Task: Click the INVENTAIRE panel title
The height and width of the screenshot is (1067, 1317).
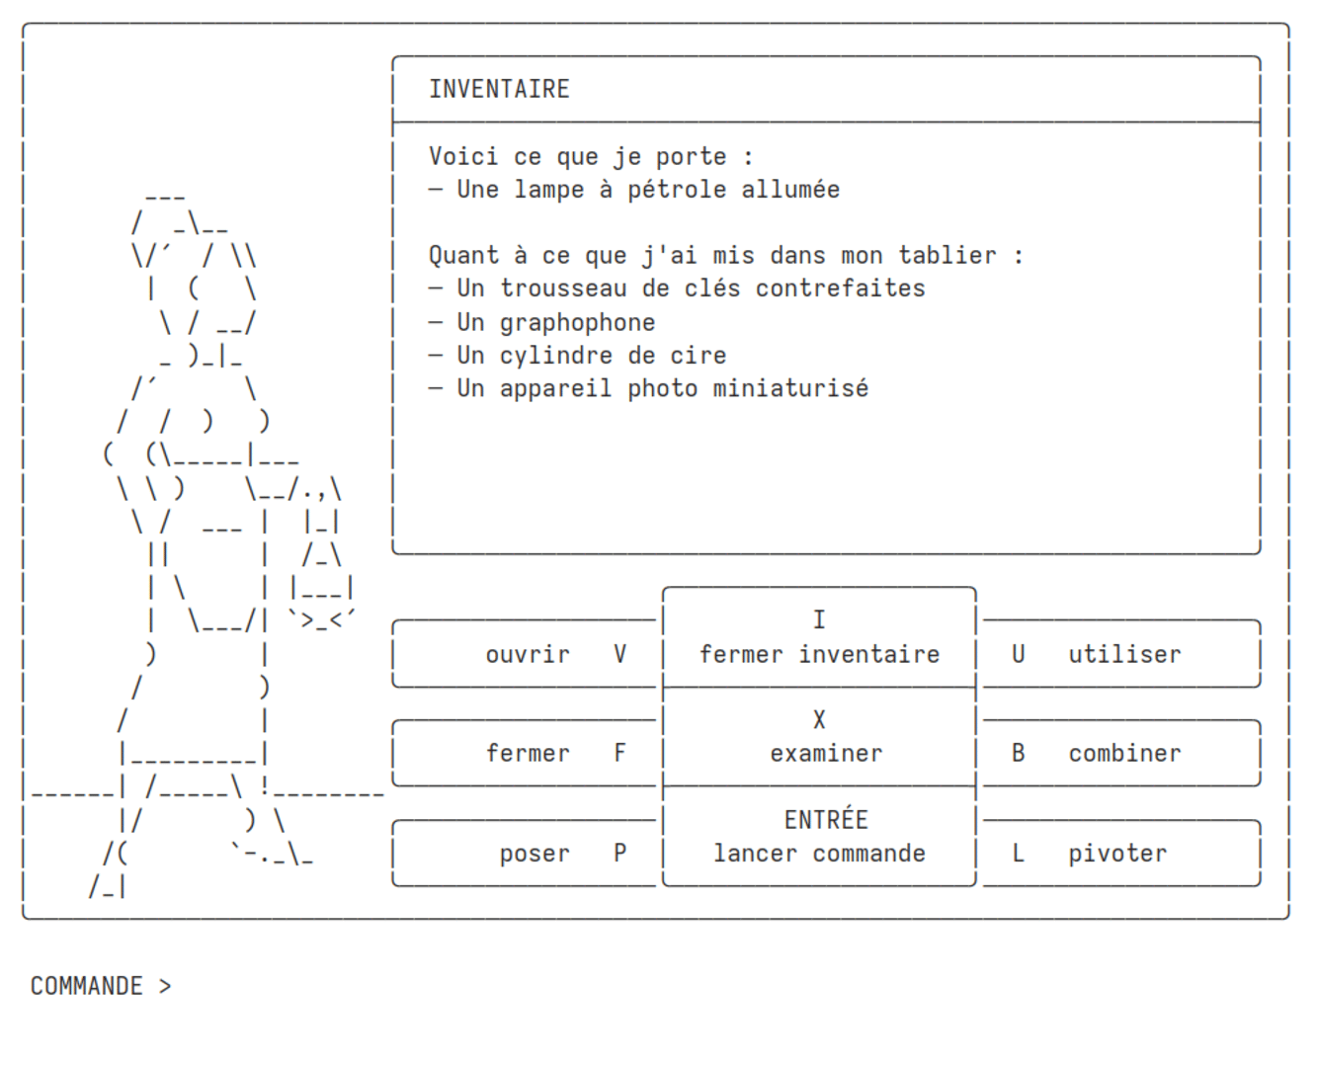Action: (x=499, y=89)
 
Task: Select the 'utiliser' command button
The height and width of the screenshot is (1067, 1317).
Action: (x=1121, y=654)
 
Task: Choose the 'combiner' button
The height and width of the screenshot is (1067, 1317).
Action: (x=1121, y=753)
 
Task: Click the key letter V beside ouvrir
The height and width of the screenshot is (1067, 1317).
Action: (x=619, y=654)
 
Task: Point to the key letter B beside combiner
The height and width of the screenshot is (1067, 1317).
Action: (x=1018, y=753)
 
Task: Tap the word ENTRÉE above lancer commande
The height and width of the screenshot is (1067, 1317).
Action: (x=826, y=820)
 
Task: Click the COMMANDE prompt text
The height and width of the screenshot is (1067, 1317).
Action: (x=87, y=986)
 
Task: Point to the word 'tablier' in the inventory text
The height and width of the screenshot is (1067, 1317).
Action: (x=947, y=256)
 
